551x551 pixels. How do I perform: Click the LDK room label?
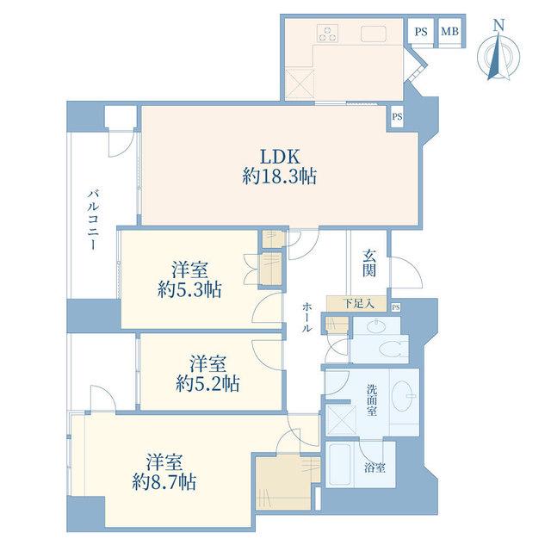click(x=280, y=157)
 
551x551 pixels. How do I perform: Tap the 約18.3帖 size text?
click(x=279, y=176)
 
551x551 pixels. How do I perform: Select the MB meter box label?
click(x=449, y=31)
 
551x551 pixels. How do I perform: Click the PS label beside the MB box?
click(x=421, y=32)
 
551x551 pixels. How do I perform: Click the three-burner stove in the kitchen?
click(x=327, y=34)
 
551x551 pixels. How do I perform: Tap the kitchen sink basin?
click(x=373, y=34)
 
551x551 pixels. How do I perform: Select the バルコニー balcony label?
click(x=93, y=220)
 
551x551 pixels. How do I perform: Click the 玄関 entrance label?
click(x=369, y=263)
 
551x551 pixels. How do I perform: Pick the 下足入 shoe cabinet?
click(x=356, y=303)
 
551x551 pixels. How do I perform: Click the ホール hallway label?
click(x=306, y=318)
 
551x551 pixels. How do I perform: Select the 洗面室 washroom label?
click(x=372, y=400)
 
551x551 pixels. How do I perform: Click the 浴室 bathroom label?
click(x=375, y=467)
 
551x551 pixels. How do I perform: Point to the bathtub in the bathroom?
click(x=339, y=464)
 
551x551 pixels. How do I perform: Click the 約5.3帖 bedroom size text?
click(x=189, y=291)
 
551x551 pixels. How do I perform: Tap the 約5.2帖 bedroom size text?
click(x=208, y=384)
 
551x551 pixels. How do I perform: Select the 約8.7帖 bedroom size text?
click(x=164, y=482)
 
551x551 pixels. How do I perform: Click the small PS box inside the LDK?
click(x=397, y=117)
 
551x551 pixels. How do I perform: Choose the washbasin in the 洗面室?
click(x=402, y=396)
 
